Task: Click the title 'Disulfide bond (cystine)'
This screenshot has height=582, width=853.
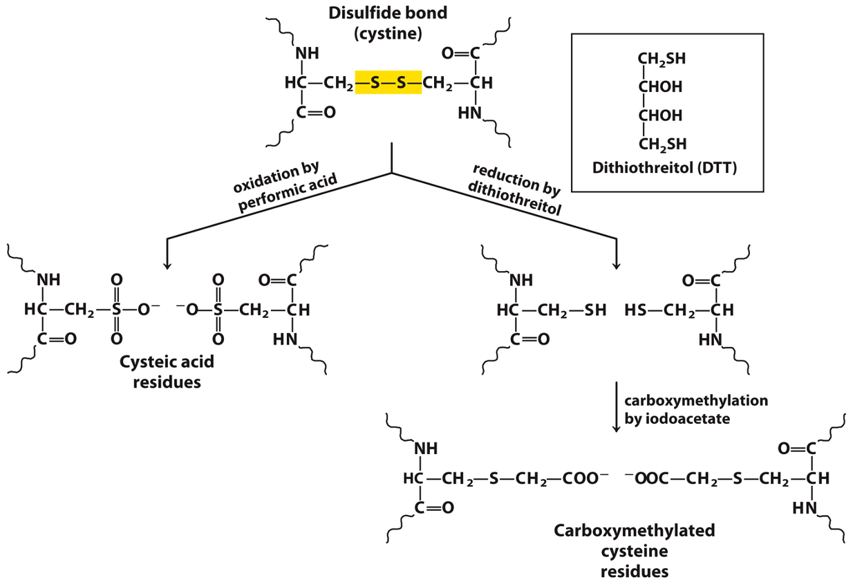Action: pyautogui.click(x=388, y=23)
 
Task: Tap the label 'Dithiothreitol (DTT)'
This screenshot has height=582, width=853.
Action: pyautogui.click(x=665, y=168)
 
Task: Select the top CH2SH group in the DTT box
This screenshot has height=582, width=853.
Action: pyautogui.click(x=662, y=59)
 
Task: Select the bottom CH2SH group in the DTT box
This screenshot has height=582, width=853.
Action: pyautogui.click(x=662, y=144)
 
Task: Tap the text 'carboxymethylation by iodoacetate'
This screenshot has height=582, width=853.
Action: pyautogui.click(x=696, y=409)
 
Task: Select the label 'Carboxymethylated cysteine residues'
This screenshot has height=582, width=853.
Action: pyautogui.click(x=634, y=551)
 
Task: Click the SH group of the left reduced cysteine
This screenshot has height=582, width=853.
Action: pyautogui.click(x=595, y=310)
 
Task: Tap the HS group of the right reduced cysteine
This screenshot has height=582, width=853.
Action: pyautogui.click(x=635, y=310)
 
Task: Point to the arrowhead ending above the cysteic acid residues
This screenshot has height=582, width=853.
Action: pyautogui.click(x=167, y=263)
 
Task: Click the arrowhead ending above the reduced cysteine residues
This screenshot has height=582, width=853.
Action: pyautogui.click(x=616, y=263)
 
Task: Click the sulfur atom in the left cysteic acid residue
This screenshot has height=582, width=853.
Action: pyautogui.click(x=117, y=310)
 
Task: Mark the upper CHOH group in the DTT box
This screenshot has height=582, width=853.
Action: pyautogui.click(x=661, y=87)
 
